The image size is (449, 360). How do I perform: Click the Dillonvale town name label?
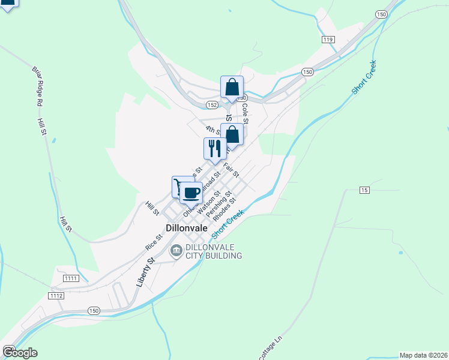[187, 229]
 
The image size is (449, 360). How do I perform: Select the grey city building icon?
[176, 251]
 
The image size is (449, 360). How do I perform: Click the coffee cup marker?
[191, 193]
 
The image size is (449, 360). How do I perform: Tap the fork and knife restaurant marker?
[215, 148]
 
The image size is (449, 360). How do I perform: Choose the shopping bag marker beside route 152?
[232, 88]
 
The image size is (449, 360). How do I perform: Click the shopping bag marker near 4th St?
[232, 134]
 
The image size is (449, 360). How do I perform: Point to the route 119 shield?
[327, 40]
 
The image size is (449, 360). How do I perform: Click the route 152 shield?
[212, 104]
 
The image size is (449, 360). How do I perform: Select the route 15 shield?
[364, 190]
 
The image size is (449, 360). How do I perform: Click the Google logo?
[20, 353]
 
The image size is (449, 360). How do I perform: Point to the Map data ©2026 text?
[423, 355]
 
